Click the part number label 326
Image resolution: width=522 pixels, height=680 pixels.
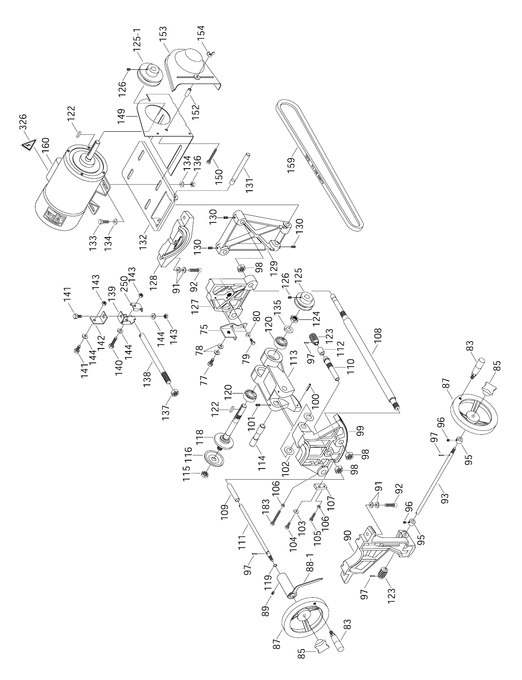click(23, 123)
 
